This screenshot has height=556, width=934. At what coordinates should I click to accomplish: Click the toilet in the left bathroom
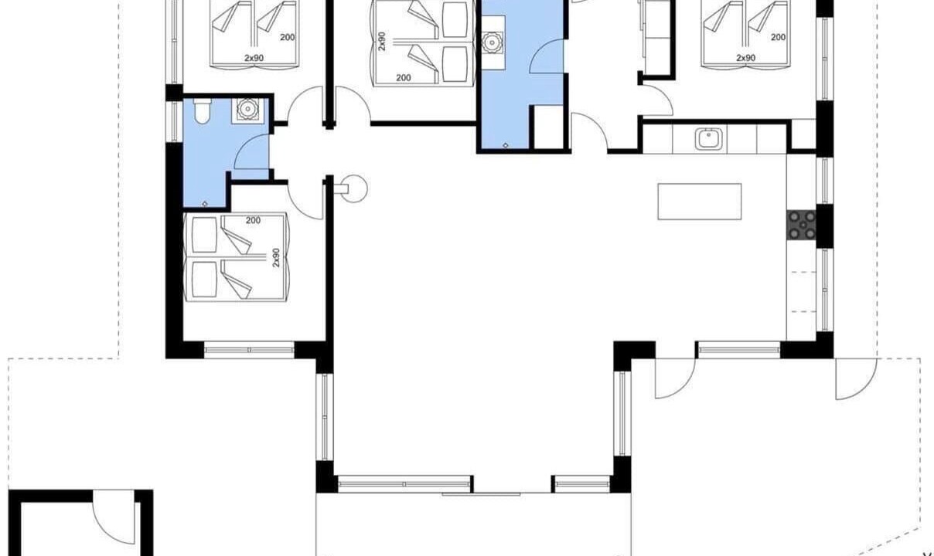click(x=203, y=111)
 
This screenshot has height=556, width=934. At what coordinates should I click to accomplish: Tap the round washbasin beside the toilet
click(x=247, y=110)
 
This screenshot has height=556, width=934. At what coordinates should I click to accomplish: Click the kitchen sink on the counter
click(x=708, y=138)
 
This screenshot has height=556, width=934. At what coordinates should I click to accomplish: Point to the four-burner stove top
click(x=801, y=225)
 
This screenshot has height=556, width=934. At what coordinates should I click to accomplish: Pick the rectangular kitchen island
click(x=700, y=202)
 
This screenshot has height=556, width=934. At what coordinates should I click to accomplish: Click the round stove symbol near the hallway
click(x=353, y=188)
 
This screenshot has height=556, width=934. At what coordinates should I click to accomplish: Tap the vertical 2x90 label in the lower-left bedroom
click(x=275, y=258)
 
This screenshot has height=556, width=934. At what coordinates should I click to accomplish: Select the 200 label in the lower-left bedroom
click(x=253, y=220)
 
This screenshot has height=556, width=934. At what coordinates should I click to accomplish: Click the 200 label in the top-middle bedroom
click(x=403, y=77)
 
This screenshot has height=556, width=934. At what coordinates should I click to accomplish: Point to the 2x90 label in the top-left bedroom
click(x=254, y=58)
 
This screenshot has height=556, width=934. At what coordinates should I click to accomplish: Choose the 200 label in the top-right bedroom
click(x=778, y=37)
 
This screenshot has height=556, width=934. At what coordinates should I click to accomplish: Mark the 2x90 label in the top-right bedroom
click(x=746, y=58)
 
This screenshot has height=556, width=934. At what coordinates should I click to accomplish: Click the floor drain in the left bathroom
click(x=205, y=204)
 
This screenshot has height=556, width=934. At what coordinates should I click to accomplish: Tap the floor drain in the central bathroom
click(x=506, y=145)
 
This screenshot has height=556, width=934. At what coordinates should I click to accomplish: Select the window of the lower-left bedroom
click(x=249, y=350)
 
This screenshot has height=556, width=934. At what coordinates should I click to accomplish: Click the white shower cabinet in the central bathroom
click(x=549, y=127)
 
